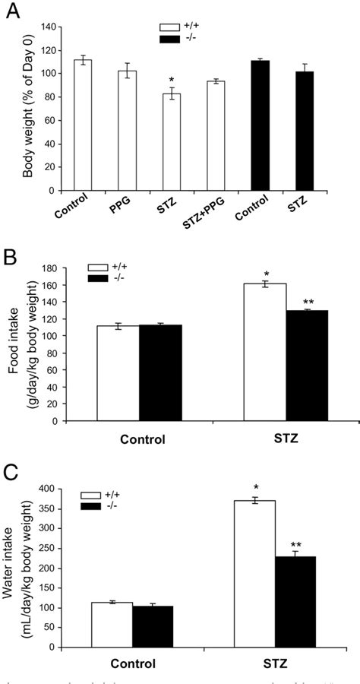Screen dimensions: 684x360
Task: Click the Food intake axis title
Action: (x=29, y=343)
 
